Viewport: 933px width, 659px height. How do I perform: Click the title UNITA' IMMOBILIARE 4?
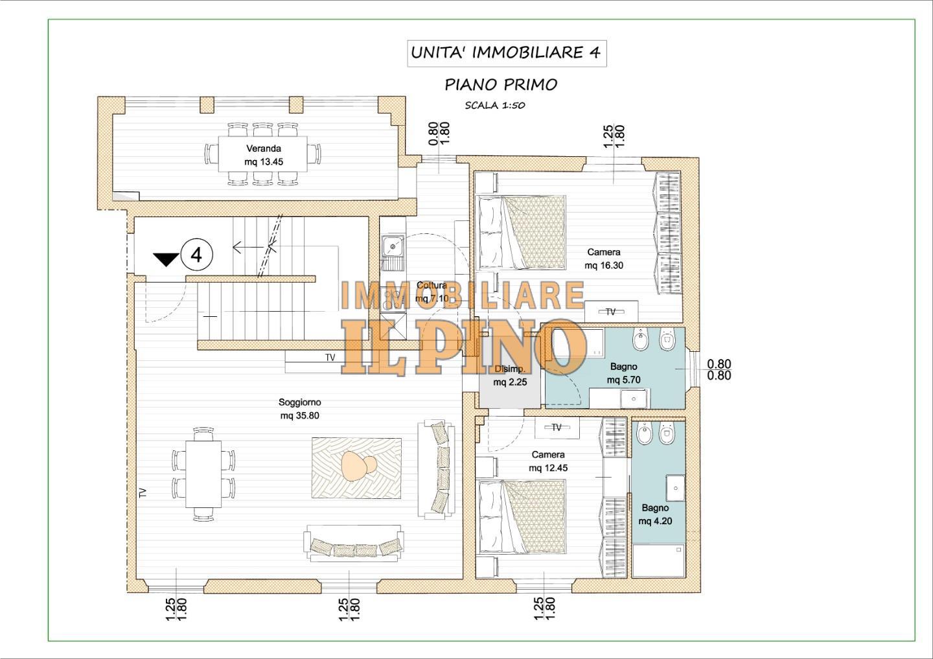tap(506, 53)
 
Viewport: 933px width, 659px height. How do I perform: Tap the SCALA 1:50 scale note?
tap(495, 106)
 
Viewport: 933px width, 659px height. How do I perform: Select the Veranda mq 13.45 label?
tap(264, 155)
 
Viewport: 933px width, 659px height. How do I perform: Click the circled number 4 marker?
tap(196, 255)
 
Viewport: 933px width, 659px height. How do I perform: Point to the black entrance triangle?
tap(166, 259)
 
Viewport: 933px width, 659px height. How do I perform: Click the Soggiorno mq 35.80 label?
tap(300, 409)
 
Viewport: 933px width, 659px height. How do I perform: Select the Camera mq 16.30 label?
tap(604, 259)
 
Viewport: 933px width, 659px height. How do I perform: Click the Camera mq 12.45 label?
tap(548, 461)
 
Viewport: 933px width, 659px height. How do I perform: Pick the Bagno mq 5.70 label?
tap(623, 373)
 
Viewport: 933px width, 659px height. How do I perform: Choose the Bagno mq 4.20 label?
tap(655, 514)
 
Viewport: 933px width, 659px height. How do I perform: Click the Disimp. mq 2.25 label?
tap(511, 375)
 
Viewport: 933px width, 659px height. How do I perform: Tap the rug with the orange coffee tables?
tap(356, 468)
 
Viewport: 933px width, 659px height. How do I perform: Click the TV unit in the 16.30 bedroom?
tap(611, 311)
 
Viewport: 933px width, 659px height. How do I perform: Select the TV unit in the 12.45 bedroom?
tap(557, 428)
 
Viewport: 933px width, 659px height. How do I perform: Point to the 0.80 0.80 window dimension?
tap(719, 369)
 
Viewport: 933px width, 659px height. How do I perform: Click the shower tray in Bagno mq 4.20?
tap(658, 561)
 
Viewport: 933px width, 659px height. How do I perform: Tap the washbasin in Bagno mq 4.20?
tap(675, 488)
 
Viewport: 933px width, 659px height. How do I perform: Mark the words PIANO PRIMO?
tap(501, 84)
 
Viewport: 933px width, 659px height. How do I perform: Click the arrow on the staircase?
tap(248, 248)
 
